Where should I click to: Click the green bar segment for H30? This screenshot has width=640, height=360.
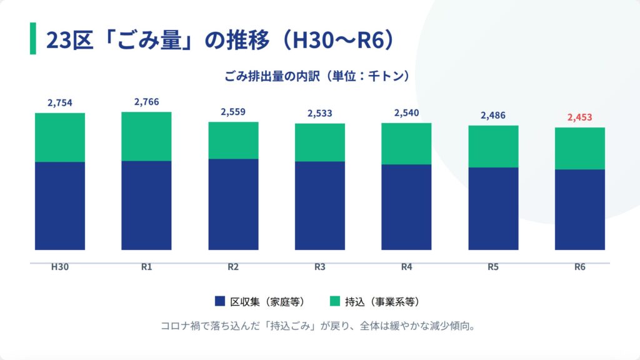(x=60, y=137)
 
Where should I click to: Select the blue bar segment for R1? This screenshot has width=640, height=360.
(x=146, y=205)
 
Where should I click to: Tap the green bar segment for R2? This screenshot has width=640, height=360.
(x=233, y=140)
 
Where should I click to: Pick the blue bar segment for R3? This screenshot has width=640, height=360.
(x=320, y=206)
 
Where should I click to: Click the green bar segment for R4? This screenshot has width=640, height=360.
(x=406, y=144)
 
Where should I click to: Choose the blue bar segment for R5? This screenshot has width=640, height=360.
(x=493, y=208)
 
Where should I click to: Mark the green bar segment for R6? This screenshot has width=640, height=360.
(x=580, y=148)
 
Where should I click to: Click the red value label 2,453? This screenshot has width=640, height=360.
(x=579, y=117)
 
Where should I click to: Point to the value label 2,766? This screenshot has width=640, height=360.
(x=146, y=102)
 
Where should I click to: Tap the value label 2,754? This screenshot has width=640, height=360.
(x=60, y=103)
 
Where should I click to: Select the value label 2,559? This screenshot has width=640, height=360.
(x=233, y=112)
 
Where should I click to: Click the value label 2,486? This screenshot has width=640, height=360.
(x=493, y=116)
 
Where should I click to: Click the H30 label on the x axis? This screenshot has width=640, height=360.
(x=60, y=267)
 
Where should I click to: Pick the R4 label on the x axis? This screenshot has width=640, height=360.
(x=406, y=267)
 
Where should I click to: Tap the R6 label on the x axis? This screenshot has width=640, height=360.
(x=580, y=267)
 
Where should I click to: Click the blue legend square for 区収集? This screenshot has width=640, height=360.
(x=219, y=301)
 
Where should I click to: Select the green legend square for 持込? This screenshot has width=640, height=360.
(x=334, y=301)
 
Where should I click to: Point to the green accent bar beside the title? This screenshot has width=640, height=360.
(x=33, y=39)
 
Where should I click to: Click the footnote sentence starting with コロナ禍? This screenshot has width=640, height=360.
(x=319, y=326)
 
